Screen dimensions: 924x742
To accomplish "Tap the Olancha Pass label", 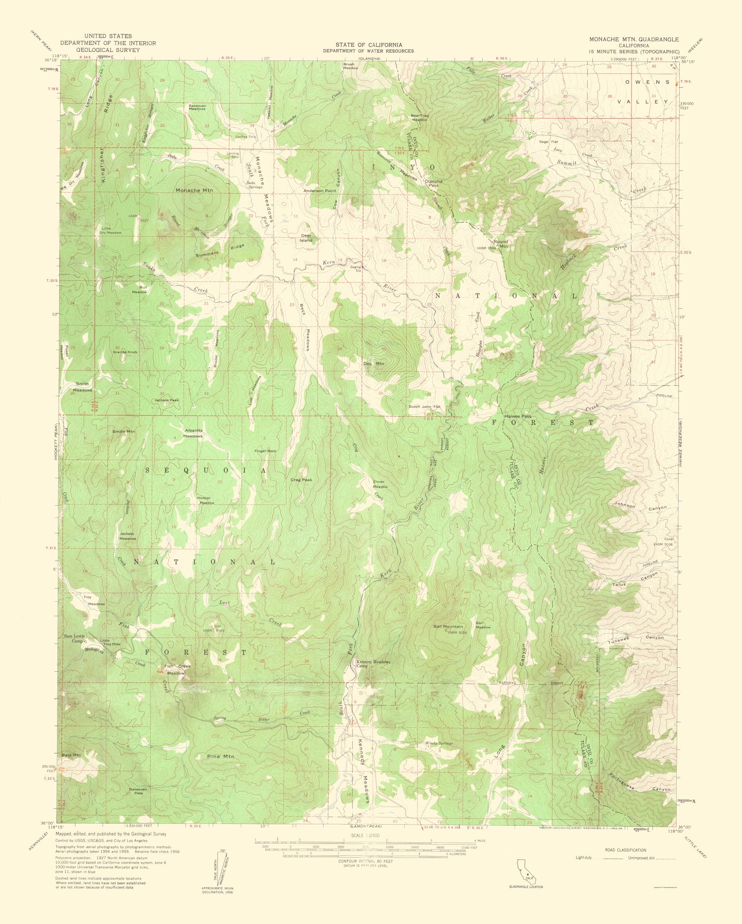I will [x=433, y=184].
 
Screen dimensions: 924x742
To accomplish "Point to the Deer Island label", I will [x=306, y=238].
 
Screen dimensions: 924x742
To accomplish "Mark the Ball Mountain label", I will [x=448, y=627].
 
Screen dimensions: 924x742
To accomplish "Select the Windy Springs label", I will [x=439, y=743].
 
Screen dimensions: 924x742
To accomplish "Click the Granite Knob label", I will [x=125, y=352].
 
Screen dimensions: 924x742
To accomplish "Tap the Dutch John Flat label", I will [x=424, y=407].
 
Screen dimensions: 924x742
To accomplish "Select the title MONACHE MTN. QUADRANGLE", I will [x=634, y=39].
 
